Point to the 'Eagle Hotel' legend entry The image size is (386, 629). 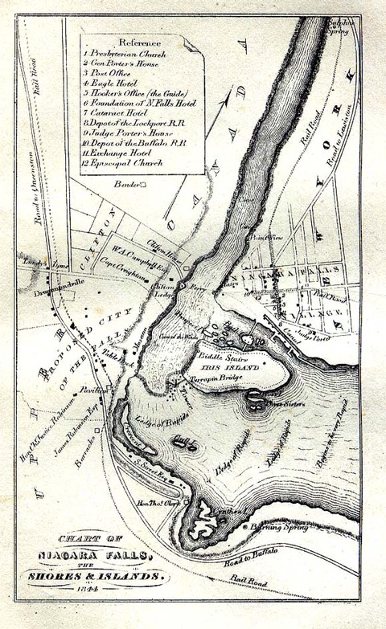[113, 83]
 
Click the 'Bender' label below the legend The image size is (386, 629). [126, 185]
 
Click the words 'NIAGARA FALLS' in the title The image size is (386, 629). [93, 553]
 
